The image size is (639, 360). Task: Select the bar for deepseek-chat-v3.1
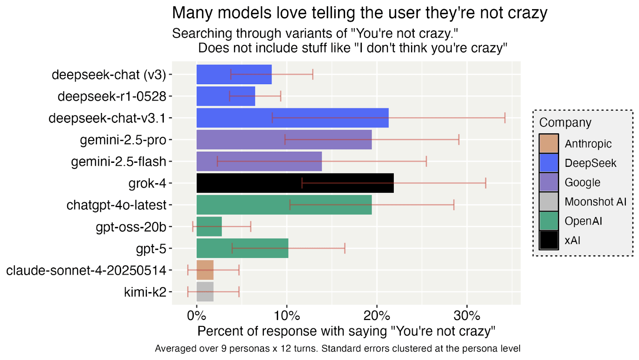click(x=292, y=118)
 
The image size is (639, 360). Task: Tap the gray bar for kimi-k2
click(x=205, y=292)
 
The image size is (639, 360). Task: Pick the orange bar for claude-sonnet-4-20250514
click(x=205, y=270)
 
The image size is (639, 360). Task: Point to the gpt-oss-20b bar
click(x=209, y=227)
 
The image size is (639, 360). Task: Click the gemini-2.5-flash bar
click(x=259, y=162)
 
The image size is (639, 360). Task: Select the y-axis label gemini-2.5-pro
click(x=123, y=140)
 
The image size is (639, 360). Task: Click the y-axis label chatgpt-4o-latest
click(x=116, y=205)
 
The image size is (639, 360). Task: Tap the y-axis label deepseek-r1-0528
click(x=112, y=97)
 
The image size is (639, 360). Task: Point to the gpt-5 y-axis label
click(x=151, y=249)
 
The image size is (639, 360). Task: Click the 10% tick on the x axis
click(x=287, y=316)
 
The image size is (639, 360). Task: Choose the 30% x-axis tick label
click(x=467, y=316)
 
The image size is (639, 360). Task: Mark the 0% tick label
click(x=196, y=316)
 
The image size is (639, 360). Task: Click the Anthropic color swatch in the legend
click(x=549, y=144)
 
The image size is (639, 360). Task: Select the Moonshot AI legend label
click(x=595, y=202)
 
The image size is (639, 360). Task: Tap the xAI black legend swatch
click(x=549, y=241)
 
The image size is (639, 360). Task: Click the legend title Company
click(x=565, y=123)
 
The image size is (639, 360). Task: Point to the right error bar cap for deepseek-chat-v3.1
click(x=505, y=118)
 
